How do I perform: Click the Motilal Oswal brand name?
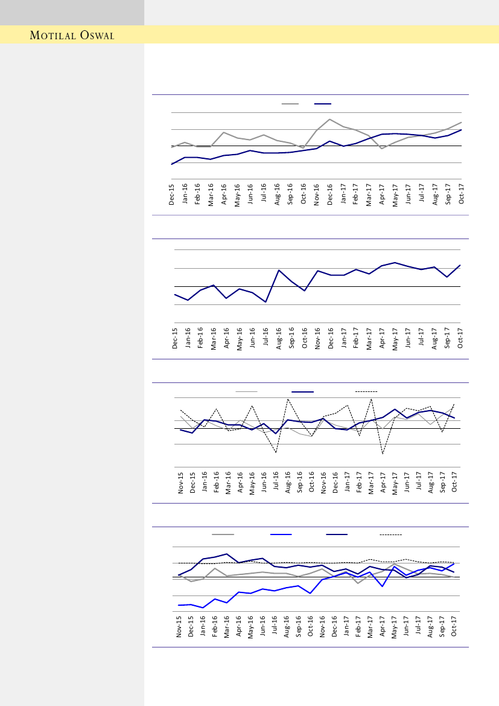72,36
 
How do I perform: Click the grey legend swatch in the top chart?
290,104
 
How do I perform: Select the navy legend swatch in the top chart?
323,104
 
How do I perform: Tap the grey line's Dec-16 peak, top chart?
329,119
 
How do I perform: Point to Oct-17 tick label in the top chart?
462,194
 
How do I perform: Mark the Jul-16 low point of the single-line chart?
265,302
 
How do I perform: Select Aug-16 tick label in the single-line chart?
279,338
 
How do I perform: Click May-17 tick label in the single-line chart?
395,338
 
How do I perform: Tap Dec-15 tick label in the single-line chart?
175,338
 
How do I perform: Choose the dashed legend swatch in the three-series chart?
366,391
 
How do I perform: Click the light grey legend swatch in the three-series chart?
246,391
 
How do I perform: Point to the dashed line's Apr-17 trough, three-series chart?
383,454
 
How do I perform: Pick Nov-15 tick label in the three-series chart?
181,483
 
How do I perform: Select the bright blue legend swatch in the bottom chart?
281,534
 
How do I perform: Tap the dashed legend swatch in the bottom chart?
390,534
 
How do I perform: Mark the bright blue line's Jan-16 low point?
203,608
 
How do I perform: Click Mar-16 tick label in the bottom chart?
227,627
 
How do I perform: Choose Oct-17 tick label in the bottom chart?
454,627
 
